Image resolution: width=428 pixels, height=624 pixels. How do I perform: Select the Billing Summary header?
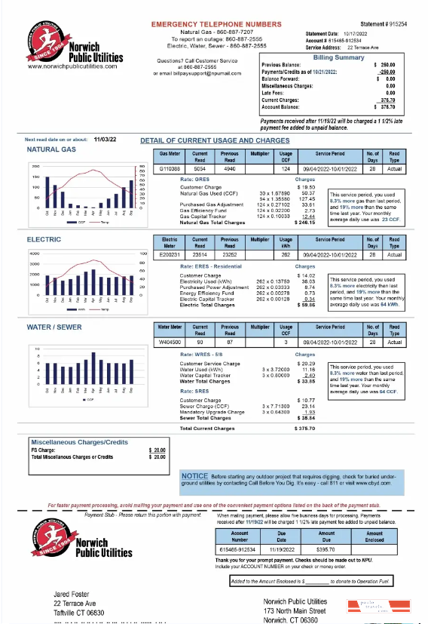(338, 57)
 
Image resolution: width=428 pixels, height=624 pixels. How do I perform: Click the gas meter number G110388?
(169, 169)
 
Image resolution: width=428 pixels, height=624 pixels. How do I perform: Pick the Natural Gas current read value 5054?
(200, 169)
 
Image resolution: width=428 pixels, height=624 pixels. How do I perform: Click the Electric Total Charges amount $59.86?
(306, 306)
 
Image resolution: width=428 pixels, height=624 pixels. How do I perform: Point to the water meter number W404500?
(170, 343)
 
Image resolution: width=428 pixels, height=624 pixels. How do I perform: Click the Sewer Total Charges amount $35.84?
(306, 417)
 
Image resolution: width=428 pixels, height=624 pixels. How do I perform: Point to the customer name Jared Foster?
(74, 595)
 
